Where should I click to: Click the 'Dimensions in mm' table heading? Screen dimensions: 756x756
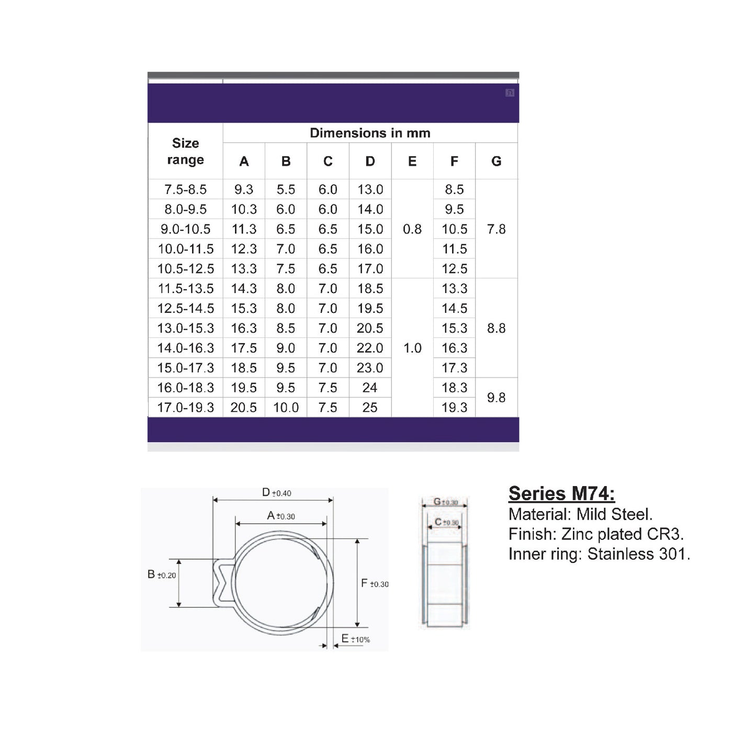pos(370,133)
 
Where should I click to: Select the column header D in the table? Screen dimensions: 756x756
pos(370,161)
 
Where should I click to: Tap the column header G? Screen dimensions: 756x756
pos(496,161)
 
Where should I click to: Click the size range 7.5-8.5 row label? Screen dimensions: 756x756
pos(185,189)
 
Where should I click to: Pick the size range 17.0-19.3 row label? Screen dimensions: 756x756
pos(185,408)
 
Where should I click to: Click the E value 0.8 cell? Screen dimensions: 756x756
pos(412,229)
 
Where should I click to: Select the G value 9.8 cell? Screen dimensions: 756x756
pos(496,398)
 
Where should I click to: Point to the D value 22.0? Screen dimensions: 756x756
pos(370,348)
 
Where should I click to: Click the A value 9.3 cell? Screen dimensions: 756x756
pos(244,189)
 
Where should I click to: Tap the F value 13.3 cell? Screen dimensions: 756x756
pos(454,288)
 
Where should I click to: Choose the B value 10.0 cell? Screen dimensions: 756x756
pos(286,408)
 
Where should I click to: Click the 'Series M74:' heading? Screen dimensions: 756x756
pos(561,493)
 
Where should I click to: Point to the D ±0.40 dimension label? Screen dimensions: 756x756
pos(276,493)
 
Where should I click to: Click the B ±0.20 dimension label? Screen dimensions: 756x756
pos(162,574)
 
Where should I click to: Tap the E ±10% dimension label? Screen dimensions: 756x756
pos(355,639)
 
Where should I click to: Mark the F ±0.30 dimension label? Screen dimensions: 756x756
pos(375,583)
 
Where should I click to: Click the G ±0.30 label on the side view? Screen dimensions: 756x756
pos(445,502)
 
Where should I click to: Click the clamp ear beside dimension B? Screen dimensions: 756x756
pos(221,583)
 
